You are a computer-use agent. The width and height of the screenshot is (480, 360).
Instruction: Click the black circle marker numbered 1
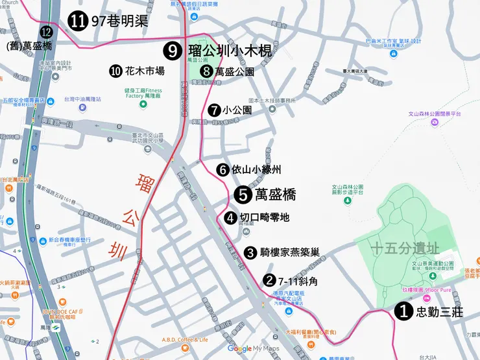click(403, 312)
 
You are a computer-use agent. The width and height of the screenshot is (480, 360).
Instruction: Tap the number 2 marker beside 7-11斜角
click(269, 281)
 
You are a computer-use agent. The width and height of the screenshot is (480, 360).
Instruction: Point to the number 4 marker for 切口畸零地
click(231, 217)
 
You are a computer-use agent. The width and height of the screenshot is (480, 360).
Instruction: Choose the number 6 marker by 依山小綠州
click(222, 169)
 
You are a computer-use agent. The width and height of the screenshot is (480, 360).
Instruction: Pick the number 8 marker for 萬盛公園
click(207, 71)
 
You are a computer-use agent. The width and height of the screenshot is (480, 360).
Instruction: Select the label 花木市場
click(145, 71)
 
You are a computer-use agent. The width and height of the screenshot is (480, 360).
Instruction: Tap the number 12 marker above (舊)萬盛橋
click(46, 31)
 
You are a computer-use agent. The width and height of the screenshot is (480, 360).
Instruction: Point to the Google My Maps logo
click(254, 348)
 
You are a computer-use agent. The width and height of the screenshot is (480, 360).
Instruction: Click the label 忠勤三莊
click(438, 312)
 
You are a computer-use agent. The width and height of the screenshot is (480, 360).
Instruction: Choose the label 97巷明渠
click(120, 21)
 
